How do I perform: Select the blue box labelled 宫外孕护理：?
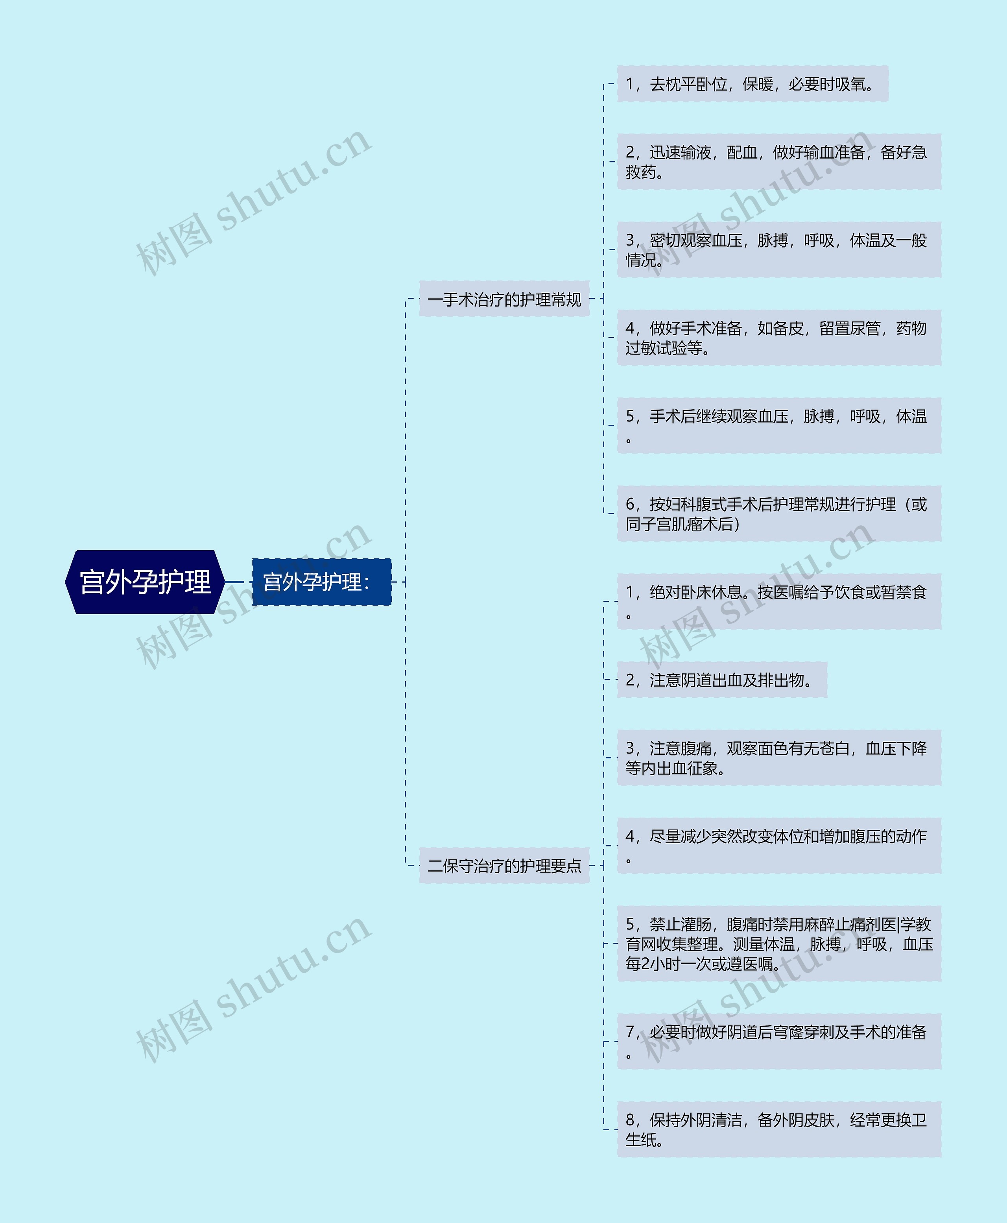coord(321,582)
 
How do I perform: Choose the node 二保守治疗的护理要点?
coord(504,866)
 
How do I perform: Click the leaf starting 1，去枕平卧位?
coord(752,84)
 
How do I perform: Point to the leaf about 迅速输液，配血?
coord(778,162)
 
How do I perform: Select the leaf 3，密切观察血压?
coord(778,249)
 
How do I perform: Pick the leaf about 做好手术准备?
coord(778,338)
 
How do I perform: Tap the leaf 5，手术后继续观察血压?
coord(778,425)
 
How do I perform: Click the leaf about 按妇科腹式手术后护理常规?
coord(778,514)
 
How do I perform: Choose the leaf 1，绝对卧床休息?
coord(778,602)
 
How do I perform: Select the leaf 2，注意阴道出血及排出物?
coord(721,680)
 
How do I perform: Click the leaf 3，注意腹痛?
coord(778,758)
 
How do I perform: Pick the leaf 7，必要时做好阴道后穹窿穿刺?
coord(778,1042)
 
